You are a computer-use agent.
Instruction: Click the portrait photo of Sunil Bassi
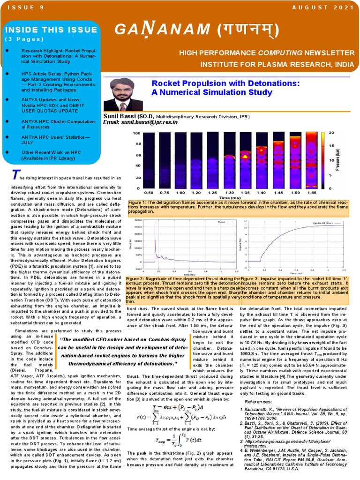(123, 94)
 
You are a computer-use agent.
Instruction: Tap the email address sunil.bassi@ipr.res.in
(140, 122)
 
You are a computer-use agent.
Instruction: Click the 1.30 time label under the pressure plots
(229, 193)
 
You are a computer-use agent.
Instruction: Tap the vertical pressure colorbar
(324, 159)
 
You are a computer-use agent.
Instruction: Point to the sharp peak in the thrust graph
(155, 226)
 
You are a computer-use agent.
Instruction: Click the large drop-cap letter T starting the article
(15, 175)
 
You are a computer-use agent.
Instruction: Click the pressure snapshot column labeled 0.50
(149, 159)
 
